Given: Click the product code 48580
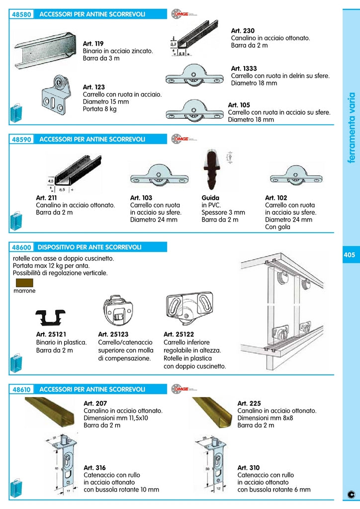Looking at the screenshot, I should click(x=22, y=14).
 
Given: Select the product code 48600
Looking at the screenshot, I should click(x=22, y=247).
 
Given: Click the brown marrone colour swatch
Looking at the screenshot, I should click(x=24, y=283).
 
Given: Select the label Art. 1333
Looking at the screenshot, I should click(x=244, y=69).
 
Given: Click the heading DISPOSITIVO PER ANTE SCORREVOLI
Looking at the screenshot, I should click(x=90, y=247).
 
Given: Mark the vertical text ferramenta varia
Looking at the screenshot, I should click(x=351, y=127).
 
